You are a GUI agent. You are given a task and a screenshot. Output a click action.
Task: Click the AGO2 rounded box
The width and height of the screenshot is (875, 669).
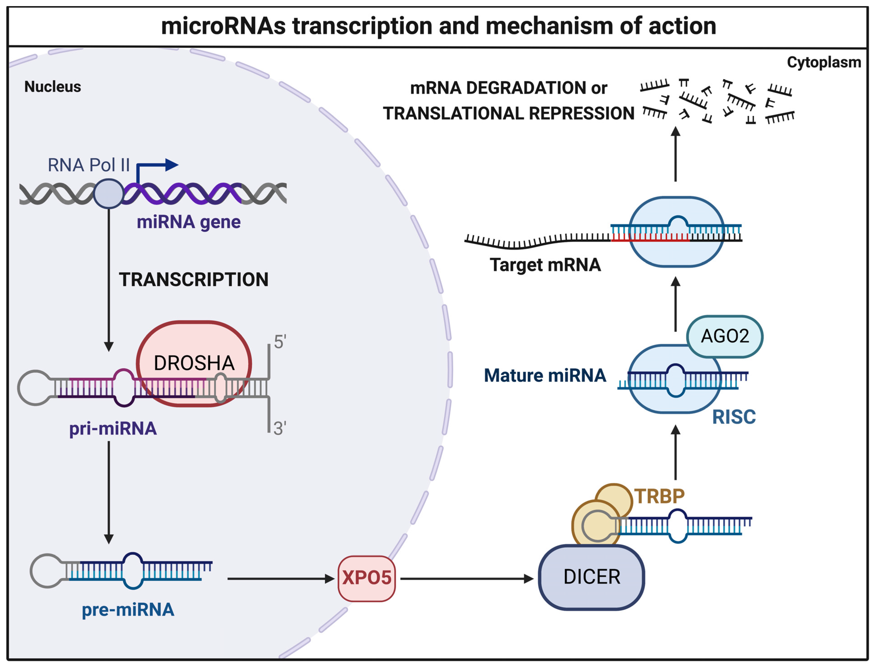tap(724, 336)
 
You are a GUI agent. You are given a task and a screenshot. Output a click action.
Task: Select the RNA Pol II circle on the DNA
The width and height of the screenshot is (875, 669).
tap(108, 194)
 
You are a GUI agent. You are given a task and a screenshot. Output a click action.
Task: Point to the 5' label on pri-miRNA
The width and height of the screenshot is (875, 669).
tap(280, 342)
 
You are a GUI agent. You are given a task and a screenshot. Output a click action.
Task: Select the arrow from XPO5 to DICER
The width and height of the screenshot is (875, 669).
tap(466, 579)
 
